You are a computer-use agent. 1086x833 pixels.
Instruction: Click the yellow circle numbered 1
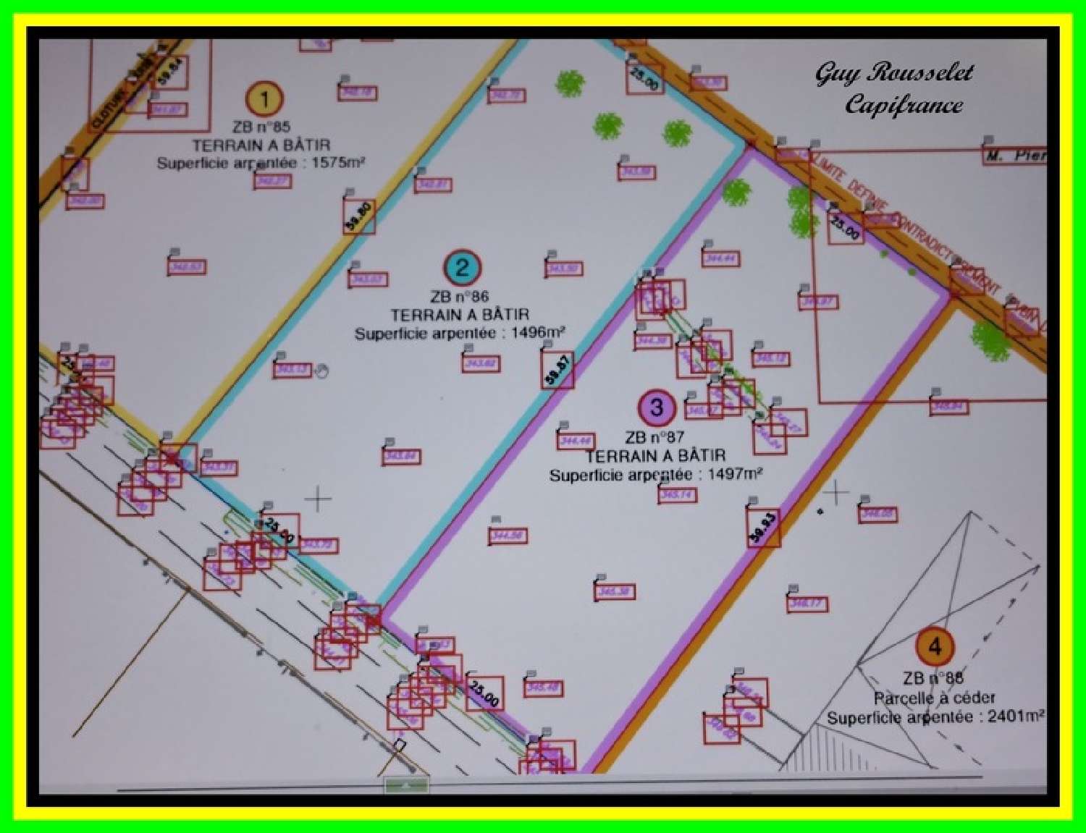pyautogui.click(x=264, y=98)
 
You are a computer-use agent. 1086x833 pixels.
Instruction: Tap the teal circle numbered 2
pyautogui.click(x=463, y=267)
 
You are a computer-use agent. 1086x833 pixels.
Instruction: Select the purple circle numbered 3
pyautogui.click(x=657, y=407)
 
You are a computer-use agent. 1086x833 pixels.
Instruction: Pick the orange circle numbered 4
pyautogui.click(x=935, y=646)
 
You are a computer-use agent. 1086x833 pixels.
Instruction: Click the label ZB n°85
pyautogui.click(x=261, y=127)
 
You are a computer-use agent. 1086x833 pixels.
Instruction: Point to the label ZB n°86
pyautogui.click(x=459, y=296)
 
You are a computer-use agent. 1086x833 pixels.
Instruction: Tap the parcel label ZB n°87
pyautogui.click(x=654, y=437)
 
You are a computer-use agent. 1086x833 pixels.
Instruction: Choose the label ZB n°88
pyautogui.click(x=933, y=678)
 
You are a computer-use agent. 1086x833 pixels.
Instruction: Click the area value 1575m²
pyautogui.click(x=338, y=163)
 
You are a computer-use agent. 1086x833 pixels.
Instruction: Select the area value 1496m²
pyautogui.click(x=537, y=333)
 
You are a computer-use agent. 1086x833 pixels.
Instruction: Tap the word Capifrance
pyautogui.click(x=904, y=106)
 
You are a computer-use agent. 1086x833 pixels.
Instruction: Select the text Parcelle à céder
pyautogui.click(x=934, y=698)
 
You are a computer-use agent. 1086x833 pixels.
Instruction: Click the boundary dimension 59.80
pyautogui.click(x=359, y=217)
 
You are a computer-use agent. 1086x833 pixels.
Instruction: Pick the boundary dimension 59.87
pyautogui.click(x=557, y=371)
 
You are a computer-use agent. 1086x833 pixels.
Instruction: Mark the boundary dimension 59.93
pyautogui.click(x=763, y=528)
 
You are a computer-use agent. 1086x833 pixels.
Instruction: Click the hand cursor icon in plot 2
pyautogui.click(x=322, y=371)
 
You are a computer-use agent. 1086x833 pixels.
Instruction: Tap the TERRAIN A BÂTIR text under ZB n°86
pyautogui.click(x=460, y=315)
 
